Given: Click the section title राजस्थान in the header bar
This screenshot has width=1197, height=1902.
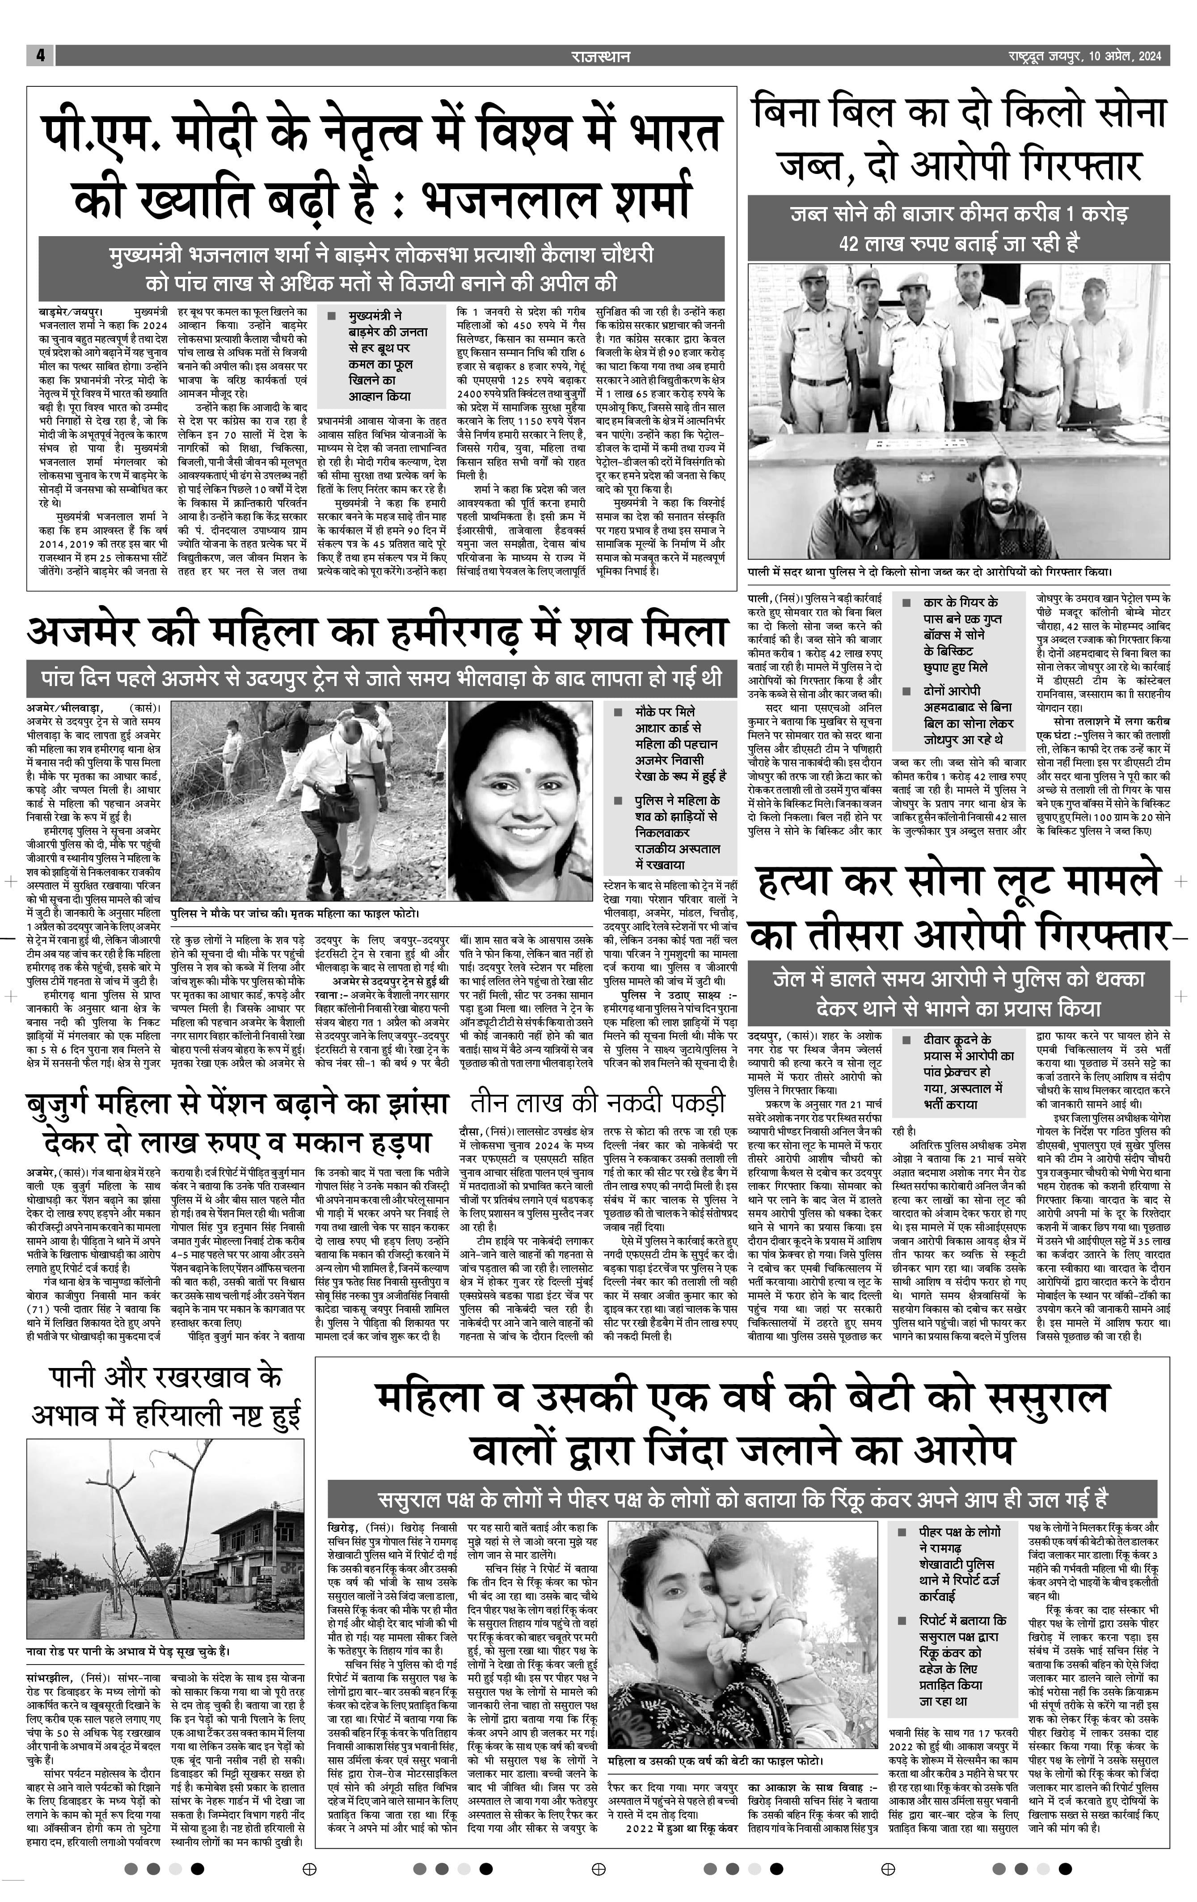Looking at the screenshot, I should (601, 56).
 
